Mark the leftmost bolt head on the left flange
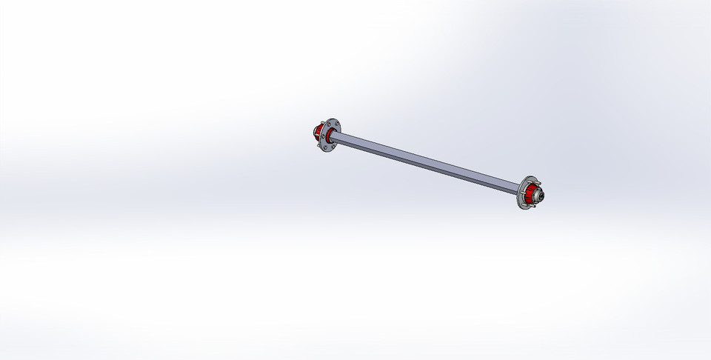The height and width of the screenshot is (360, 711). click(x=323, y=136)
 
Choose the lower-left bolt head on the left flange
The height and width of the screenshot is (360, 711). click(x=326, y=148)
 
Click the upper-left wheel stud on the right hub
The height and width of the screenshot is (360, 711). click(x=529, y=182)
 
